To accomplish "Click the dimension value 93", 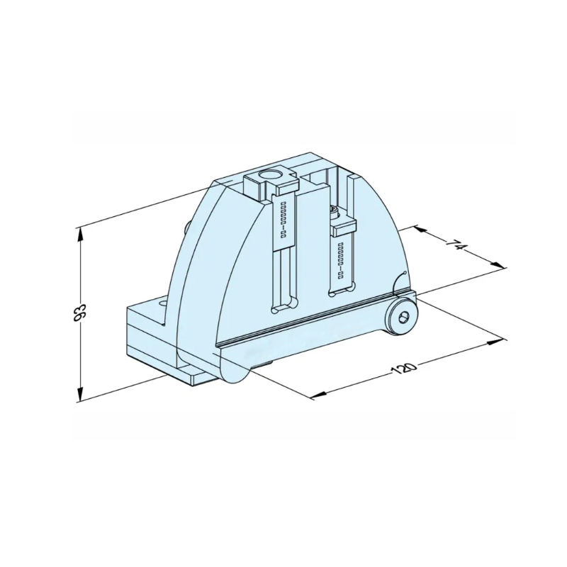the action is click(x=80, y=313).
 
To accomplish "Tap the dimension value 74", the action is click(x=456, y=246).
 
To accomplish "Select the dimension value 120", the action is click(x=405, y=369).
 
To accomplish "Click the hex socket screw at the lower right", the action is click(x=403, y=318).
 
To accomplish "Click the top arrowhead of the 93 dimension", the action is click(x=80, y=235).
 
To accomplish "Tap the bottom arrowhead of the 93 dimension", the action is click(x=80, y=394).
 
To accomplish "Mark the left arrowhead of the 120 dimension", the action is click(x=318, y=395).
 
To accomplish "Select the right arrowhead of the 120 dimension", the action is click(x=495, y=342).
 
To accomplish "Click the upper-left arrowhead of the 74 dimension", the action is click(x=420, y=230).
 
